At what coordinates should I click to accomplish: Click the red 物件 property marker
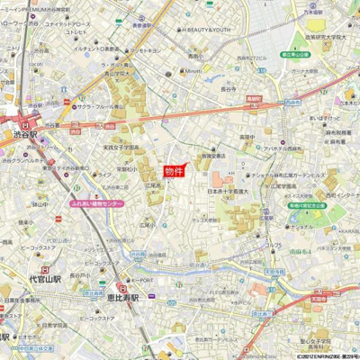pos(174,171)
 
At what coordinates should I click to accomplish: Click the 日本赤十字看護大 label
pos(229,191)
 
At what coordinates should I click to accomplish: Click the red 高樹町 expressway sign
pos(253,98)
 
